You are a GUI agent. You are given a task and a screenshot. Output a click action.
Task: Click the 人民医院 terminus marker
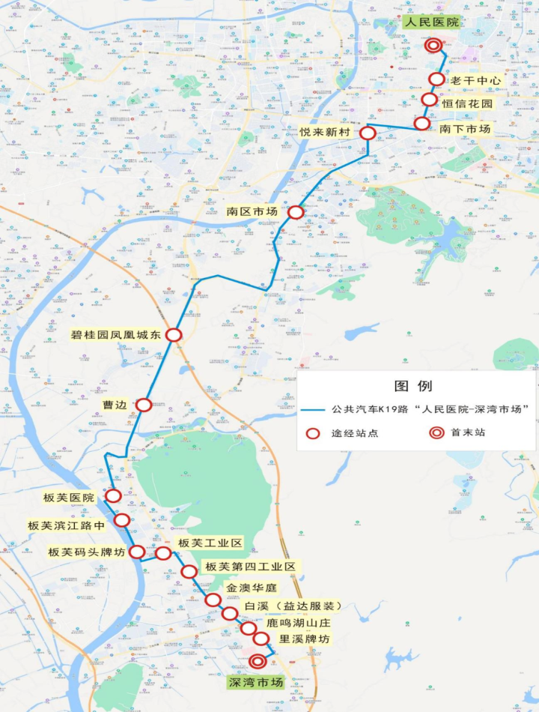tap(433, 46)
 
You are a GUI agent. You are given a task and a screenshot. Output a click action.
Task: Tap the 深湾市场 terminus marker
tap(258, 662)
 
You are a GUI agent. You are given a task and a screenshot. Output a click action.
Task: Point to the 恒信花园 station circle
tap(429, 100)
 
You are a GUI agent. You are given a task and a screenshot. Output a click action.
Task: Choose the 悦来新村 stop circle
tap(368, 133)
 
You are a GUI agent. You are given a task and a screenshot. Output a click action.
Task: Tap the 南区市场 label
tap(252, 211)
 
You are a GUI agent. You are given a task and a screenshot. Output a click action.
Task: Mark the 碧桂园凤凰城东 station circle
tap(174, 335)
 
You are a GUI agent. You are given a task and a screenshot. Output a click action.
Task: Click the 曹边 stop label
tap(116, 405)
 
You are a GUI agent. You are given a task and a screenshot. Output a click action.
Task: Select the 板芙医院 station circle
tap(114, 495)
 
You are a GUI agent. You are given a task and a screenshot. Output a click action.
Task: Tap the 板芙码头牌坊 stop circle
tap(138, 552)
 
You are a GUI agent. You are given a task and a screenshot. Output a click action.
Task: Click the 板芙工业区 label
tap(210, 543)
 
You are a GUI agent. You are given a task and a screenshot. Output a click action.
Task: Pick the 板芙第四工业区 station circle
tap(189, 572)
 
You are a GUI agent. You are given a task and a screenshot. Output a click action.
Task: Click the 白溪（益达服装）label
tap(293, 606)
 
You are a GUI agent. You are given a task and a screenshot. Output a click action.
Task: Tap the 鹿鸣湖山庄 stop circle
tap(248, 628)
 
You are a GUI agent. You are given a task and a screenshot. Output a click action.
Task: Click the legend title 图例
tap(413, 387)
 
